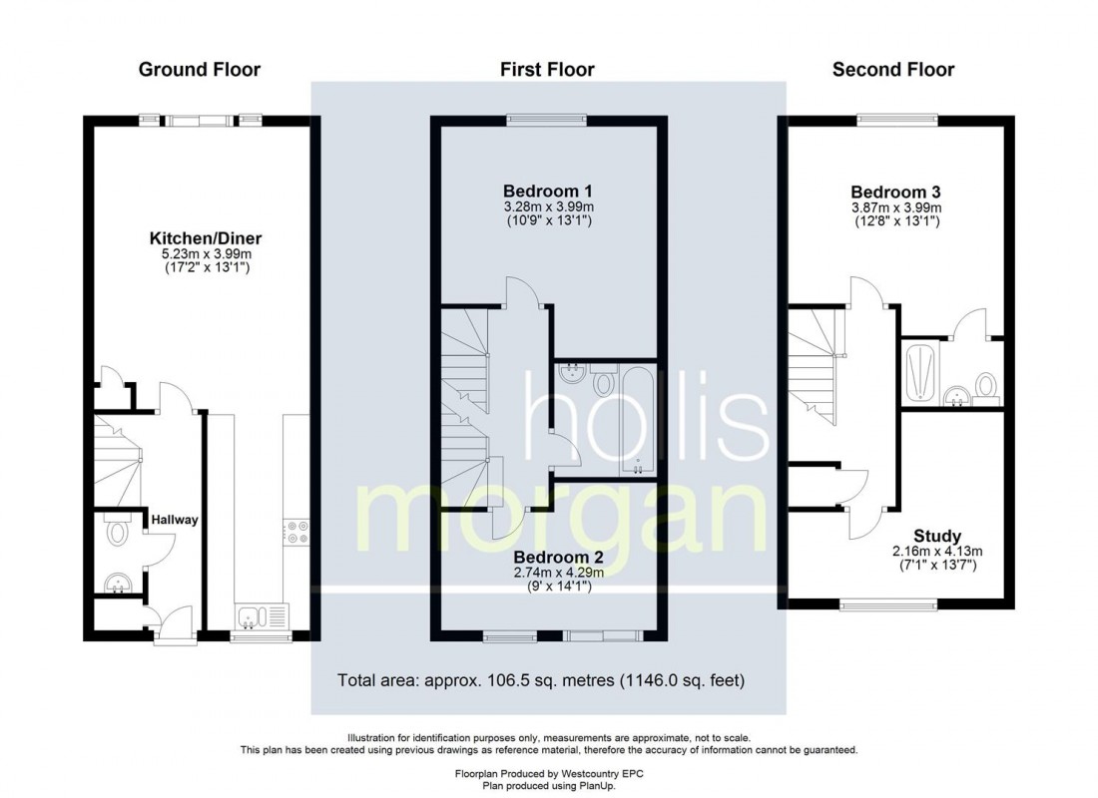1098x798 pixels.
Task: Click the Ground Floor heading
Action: coord(199,69)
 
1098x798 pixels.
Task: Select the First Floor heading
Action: coord(547,69)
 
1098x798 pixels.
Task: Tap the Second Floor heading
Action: coord(892,69)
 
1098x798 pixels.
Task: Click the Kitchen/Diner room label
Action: coord(206,238)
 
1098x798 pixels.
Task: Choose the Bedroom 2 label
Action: coord(558,557)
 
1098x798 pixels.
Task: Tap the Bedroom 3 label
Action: coord(895,192)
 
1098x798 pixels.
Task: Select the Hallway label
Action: coord(175,520)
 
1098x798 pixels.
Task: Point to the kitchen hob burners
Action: coord(296,532)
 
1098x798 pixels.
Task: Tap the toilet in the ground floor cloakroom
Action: coord(118,532)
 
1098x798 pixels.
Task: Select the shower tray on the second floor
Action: coord(918,374)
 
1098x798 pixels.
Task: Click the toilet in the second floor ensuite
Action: coord(985,385)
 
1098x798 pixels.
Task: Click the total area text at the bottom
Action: coord(542,681)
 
